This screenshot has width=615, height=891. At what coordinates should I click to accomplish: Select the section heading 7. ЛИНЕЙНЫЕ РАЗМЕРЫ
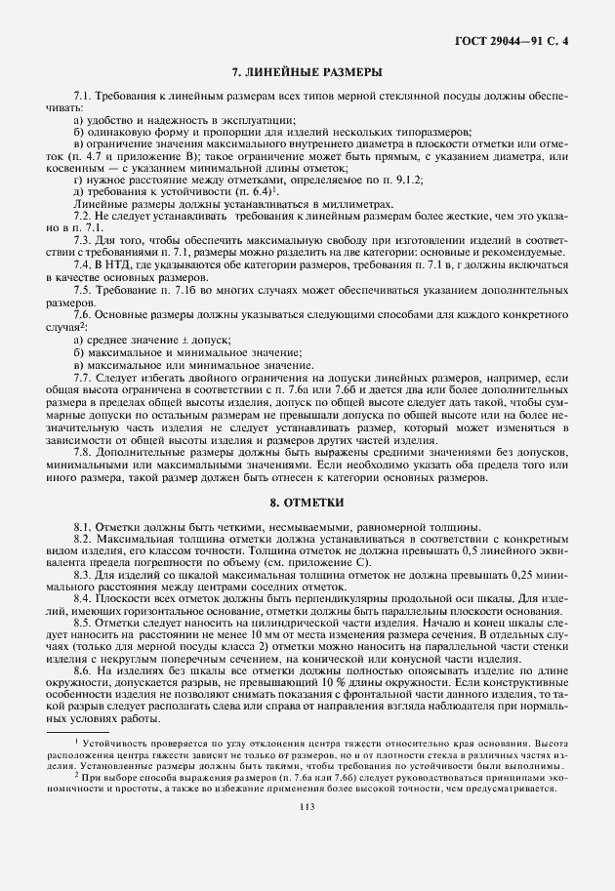(307, 73)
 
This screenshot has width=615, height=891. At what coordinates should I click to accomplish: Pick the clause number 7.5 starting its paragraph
(82, 290)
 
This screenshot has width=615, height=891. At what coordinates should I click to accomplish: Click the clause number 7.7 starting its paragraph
(82, 375)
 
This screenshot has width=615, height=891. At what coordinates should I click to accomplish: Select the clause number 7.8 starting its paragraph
(82, 451)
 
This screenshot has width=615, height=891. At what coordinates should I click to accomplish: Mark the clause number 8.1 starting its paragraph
(82, 526)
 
